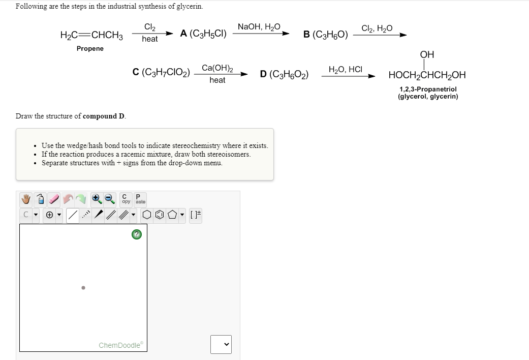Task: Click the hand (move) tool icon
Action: tap(26, 198)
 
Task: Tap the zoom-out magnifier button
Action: tap(109, 198)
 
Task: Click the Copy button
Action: tap(126, 198)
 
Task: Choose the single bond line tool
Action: tap(74, 215)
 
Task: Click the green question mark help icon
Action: tap(136, 234)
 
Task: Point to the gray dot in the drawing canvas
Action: tap(83, 288)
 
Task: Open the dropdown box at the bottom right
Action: tap(221, 344)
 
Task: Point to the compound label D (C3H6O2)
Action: tap(284, 74)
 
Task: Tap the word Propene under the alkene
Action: tap(90, 48)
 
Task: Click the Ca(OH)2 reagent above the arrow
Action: tap(217, 68)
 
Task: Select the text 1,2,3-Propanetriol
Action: tap(427, 89)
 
